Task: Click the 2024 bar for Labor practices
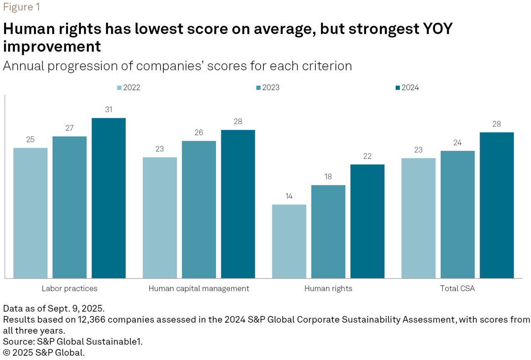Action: pos(109,198)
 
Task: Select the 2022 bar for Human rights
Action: pos(289,241)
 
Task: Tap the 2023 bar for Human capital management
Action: pos(199,210)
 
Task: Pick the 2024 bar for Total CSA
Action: pos(497,205)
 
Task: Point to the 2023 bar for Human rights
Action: pos(328,232)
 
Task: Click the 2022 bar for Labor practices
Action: pos(30,213)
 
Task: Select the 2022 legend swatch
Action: pos(119,88)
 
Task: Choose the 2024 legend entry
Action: pos(407,88)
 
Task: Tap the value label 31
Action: pos(109,110)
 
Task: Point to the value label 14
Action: pos(289,196)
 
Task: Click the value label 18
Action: pos(328,177)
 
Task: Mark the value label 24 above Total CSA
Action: pos(458,142)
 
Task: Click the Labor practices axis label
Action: pos(69,289)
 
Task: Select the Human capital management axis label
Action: pos(199,289)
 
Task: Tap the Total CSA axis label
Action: pos(457,289)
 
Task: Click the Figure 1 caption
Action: pos(21,7)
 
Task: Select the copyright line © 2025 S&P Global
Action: pos(44,353)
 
